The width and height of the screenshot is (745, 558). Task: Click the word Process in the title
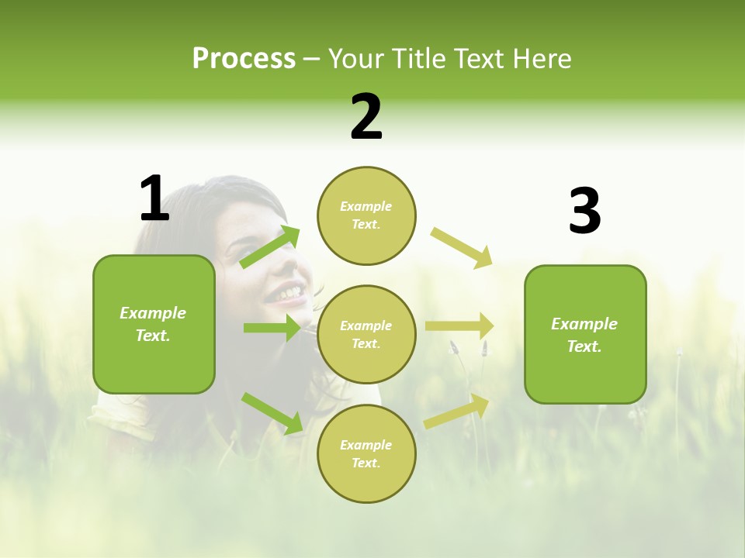click(244, 59)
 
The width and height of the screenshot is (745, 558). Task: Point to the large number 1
click(154, 198)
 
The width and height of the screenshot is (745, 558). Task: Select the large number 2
click(366, 117)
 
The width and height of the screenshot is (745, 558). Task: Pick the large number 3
click(584, 211)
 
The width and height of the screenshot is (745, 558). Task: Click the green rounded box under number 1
click(154, 324)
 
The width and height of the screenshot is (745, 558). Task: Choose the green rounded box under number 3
click(585, 334)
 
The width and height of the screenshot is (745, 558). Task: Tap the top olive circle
click(366, 215)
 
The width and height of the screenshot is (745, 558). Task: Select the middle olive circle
click(366, 335)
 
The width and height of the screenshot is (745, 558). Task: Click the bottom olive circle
click(366, 453)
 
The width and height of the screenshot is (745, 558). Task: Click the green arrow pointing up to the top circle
click(270, 246)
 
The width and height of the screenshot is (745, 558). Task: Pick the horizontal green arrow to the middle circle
click(272, 328)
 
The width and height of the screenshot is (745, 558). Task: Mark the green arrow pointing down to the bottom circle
click(272, 413)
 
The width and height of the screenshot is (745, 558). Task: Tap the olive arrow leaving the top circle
click(462, 247)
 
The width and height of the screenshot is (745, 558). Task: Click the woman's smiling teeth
click(287, 293)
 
